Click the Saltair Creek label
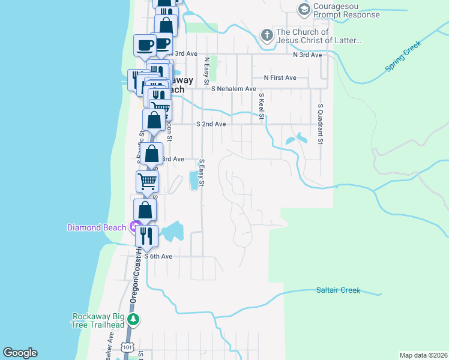click(x=338, y=290)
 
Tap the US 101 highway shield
click(x=127, y=347)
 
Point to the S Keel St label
click(x=262, y=106)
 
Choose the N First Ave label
click(x=280, y=77)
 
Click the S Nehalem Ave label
click(x=234, y=89)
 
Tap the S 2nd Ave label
click(x=211, y=124)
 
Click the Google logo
click(x=20, y=353)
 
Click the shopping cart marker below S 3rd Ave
click(x=148, y=180)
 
